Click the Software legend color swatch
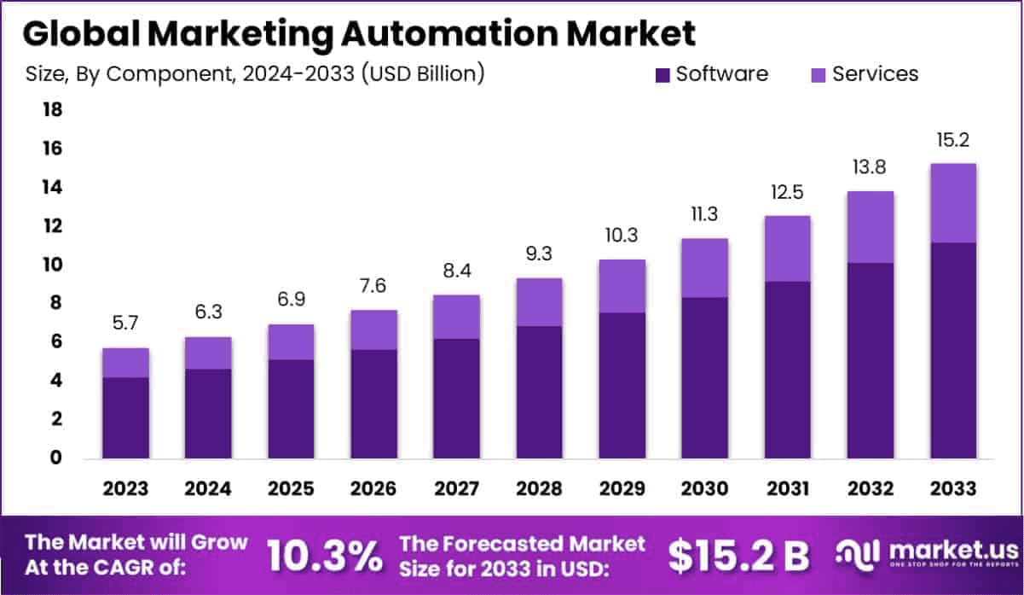click(662, 75)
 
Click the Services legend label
click(876, 74)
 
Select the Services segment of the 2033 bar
click(952, 203)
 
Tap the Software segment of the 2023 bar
click(126, 417)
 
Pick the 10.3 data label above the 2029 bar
click(622, 236)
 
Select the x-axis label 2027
click(456, 488)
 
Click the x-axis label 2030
click(704, 488)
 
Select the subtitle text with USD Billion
click(255, 74)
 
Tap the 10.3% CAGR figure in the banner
click(324, 557)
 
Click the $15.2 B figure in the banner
click(738, 557)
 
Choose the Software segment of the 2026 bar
click(373, 404)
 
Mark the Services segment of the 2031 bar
click(787, 248)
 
